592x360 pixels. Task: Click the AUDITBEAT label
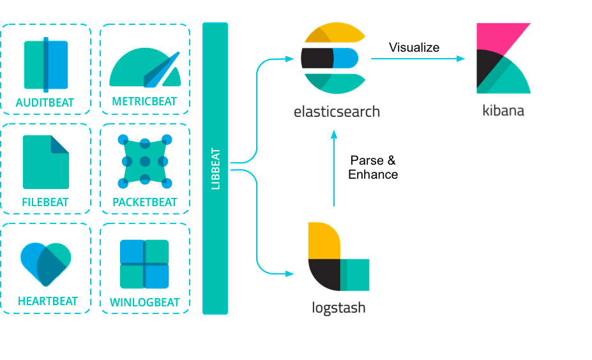tap(45, 103)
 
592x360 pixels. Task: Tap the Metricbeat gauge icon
tap(145, 68)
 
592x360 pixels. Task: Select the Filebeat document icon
tap(46, 162)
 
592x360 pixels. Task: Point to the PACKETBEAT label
tap(144, 202)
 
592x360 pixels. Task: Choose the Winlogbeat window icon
tap(144, 264)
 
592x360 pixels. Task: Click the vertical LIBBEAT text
tap(216, 169)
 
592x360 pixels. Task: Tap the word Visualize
tap(414, 47)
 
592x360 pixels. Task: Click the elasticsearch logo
tap(333, 58)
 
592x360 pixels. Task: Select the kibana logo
tap(503, 58)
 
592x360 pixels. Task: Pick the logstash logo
tap(338, 257)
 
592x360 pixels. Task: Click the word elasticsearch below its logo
tap(337, 112)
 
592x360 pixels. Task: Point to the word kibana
tap(503, 110)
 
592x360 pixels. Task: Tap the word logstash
tap(338, 308)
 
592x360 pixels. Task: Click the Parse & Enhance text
tap(373, 167)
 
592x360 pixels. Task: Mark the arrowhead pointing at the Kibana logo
tap(460, 59)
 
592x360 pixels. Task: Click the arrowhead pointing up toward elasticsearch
tap(334, 134)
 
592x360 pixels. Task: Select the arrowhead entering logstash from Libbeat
tap(289, 274)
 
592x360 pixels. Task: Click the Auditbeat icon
tap(46, 64)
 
